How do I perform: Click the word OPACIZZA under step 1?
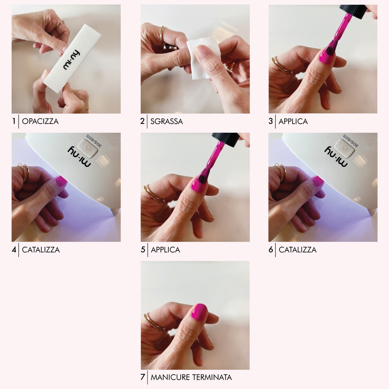tap(40, 121)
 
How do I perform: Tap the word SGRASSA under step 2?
tap(166, 121)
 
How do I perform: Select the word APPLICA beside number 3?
tap(293, 121)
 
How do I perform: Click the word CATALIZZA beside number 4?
tap(41, 250)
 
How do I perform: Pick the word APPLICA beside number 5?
tap(165, 250)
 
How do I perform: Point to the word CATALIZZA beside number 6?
tap(297, 250)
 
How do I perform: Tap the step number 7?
tap(143, 377)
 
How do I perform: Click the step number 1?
tap(14, 121)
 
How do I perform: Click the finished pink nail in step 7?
tap(199, 312)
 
